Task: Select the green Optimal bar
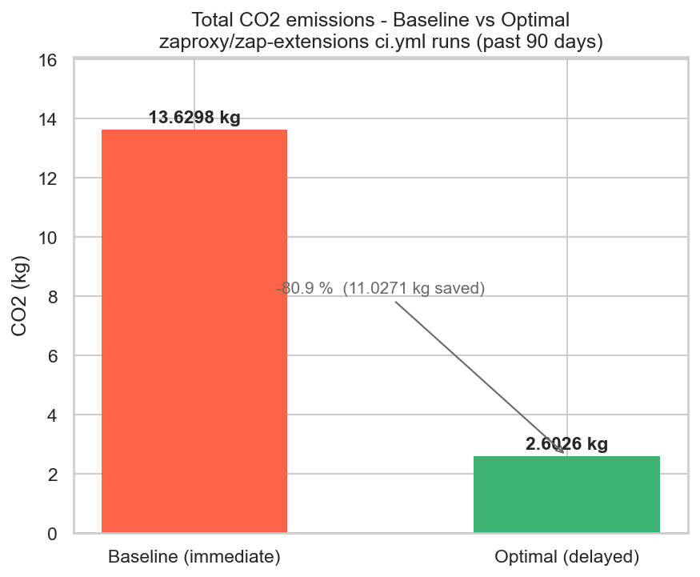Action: click(566, 494)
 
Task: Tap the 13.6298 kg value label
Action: click(194, 118)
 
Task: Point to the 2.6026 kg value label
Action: click(566, 444)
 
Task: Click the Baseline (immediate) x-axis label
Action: click(194, 556)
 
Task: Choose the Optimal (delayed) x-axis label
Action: click(566, 556)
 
